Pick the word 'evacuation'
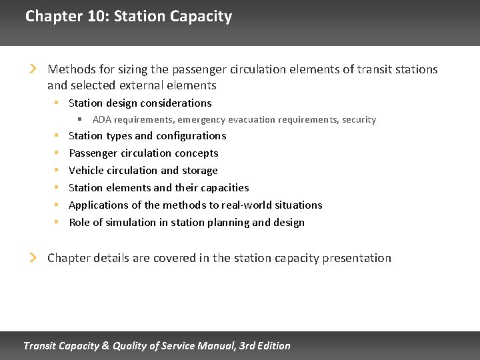[253, 120]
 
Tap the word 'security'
[359, 120]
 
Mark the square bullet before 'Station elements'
[57, 188]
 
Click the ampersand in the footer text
[104, 345]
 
